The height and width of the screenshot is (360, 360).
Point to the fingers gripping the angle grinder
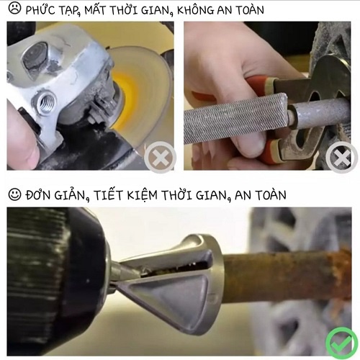pyautogui.click(x=22, y=133)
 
